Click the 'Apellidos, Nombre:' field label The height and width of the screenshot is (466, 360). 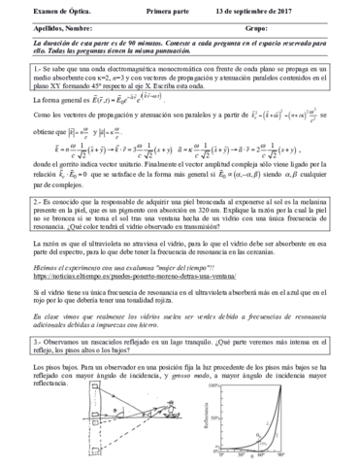coord(49,28)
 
